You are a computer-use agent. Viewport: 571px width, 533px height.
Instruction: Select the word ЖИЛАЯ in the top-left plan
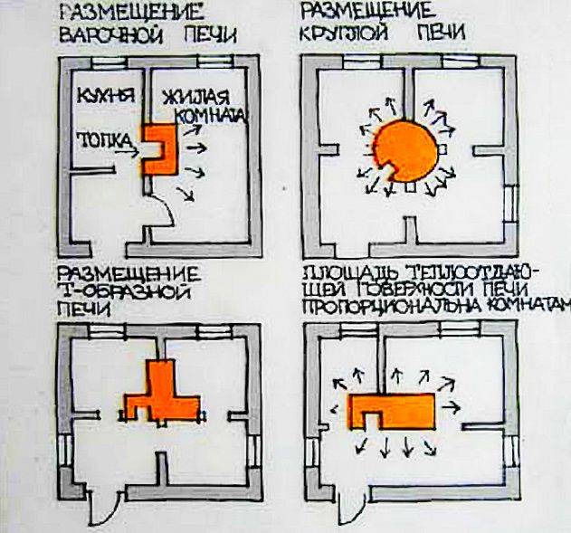(195, 98)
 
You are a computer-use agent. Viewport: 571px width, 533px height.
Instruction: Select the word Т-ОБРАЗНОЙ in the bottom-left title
(121, 290)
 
